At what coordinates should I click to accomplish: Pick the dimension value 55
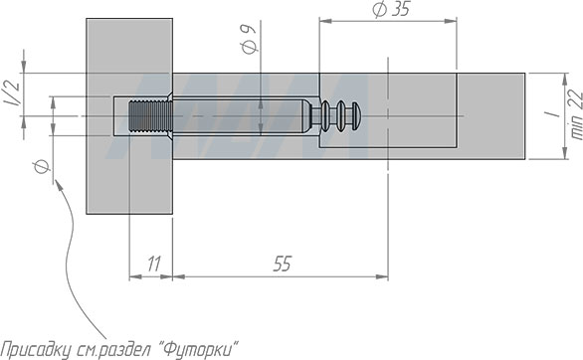pos(283,265)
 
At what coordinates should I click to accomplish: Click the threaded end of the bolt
pos(150,116)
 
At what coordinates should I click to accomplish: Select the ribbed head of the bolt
pos(340,116)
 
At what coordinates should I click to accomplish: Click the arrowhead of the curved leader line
pos(57,178)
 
